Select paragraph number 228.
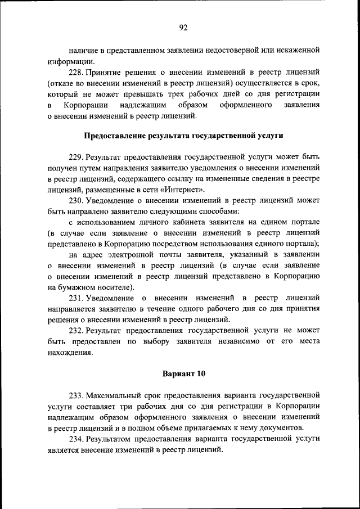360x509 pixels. point(76,73)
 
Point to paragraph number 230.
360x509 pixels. point(76,200)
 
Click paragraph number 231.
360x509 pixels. point(76,298)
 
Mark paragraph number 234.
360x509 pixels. point(76,439)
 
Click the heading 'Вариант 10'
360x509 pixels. point(183,373)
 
